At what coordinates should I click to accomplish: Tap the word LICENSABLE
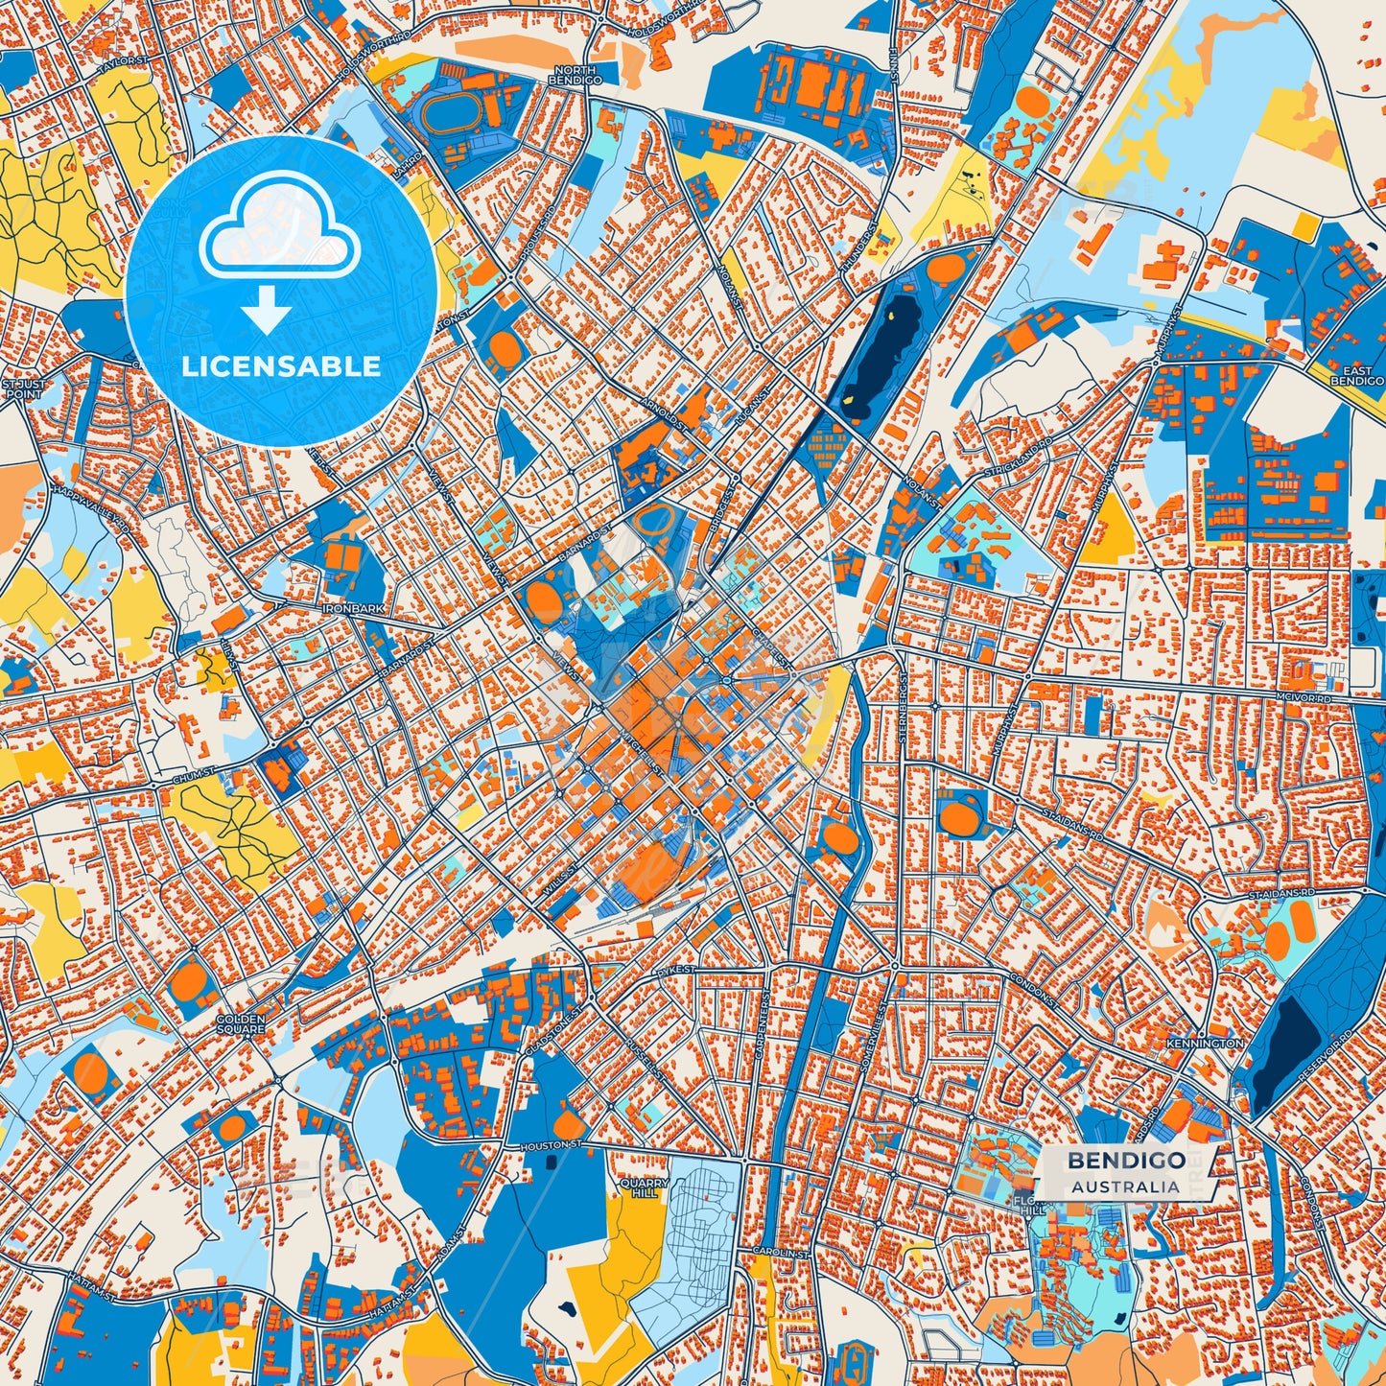(x=281, y=366)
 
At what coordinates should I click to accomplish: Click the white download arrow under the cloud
(x=266, y=313)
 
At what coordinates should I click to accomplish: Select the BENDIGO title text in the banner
(x=1126, y=1161)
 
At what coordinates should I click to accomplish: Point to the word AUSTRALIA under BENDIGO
(x=1126, y=1186)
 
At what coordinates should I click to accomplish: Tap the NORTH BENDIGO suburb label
(x=576, y=76)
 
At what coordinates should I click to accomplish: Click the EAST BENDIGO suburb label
(x=1357, y=376)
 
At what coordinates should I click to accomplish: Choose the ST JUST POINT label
(x=22, y=388)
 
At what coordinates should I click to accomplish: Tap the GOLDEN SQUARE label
(x=240, y=1024)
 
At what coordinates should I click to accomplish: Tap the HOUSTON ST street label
(x=552, y=1145)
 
